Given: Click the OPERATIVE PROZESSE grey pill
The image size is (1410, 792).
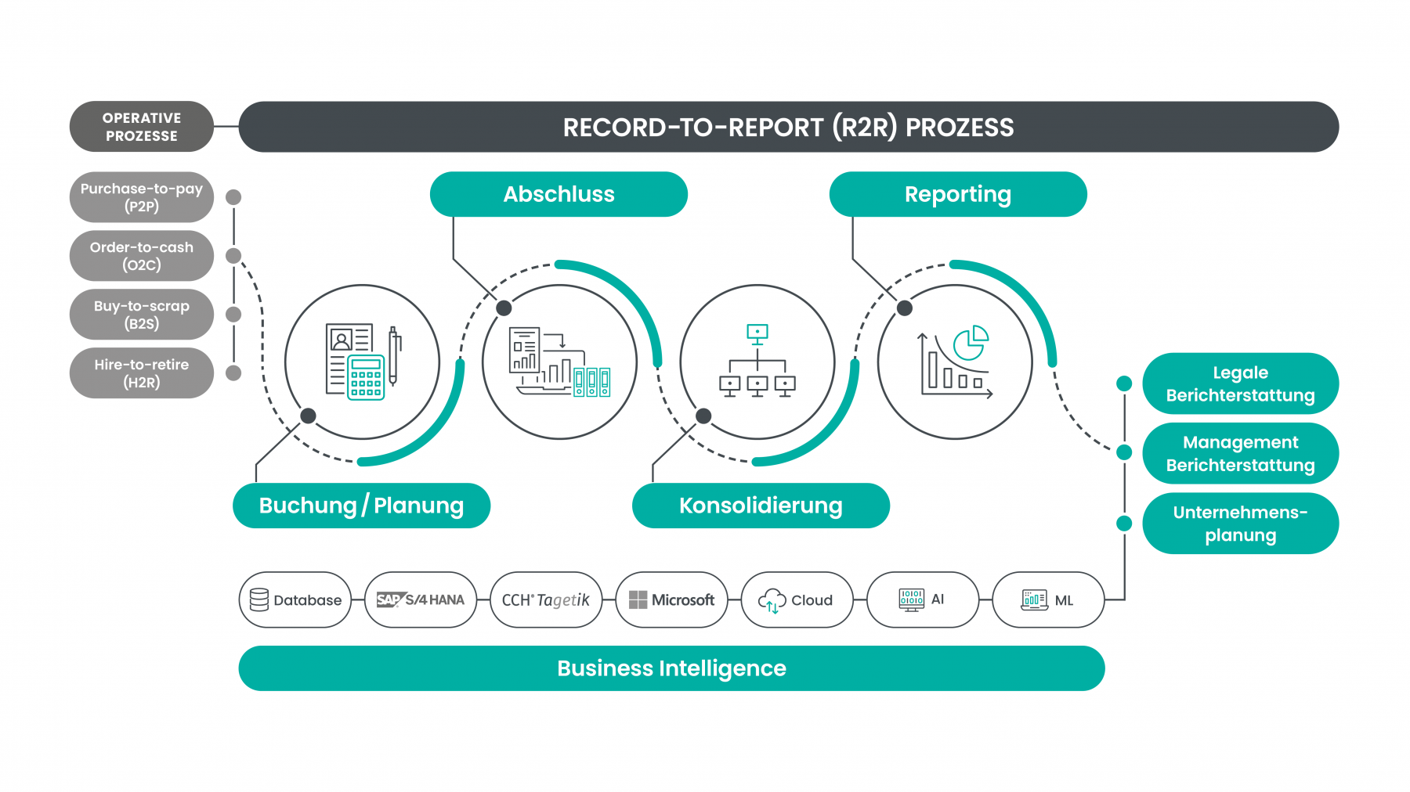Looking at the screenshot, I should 141,127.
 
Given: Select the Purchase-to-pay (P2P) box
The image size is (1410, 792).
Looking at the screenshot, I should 141,197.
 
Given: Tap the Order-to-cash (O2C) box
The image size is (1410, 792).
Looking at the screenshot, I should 141,256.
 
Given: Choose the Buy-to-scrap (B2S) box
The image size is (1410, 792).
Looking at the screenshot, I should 141,315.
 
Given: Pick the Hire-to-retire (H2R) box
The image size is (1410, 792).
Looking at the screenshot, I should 141,373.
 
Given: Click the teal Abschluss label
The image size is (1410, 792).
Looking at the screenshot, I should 559,194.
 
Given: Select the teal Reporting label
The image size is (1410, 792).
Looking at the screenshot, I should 957,194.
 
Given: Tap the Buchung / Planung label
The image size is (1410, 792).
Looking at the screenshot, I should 361,506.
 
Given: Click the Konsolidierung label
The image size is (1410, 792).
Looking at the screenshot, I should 761,506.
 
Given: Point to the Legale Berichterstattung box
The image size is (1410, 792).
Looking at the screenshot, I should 1240,383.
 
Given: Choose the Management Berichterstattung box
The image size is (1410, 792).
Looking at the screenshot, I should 1240,453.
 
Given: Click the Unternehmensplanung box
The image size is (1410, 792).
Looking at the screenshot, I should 1240,524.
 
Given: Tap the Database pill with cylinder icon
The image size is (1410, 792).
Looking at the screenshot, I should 295,600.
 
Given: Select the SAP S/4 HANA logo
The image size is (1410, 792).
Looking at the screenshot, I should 421,600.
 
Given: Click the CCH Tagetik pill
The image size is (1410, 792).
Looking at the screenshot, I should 546,600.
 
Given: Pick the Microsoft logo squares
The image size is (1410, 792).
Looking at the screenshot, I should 638,600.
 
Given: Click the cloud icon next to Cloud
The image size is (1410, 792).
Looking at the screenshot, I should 772,600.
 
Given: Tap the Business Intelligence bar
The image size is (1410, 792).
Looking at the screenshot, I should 671,668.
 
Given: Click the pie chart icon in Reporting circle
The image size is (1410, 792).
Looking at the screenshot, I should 971,343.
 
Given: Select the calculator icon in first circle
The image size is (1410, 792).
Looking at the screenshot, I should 366,378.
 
